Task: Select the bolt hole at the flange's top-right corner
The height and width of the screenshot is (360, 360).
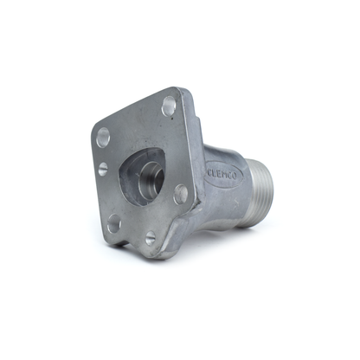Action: coord(169,106)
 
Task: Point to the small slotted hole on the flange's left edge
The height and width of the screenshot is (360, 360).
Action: coord(103,170)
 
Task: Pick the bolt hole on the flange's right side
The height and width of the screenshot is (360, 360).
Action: coord(181,194)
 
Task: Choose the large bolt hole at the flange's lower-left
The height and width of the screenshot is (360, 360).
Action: coord(114,223)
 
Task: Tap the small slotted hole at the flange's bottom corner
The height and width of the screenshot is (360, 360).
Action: coord(151,238)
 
